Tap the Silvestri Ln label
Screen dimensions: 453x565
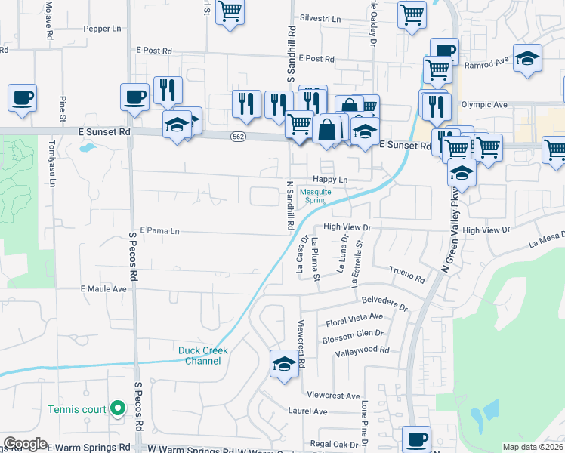320,18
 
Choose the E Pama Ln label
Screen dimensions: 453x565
160,230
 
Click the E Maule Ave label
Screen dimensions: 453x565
103,288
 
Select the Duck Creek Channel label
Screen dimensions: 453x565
203,356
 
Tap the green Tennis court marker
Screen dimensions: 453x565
117,409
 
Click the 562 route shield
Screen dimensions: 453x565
237,136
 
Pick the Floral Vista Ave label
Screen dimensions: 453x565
354,319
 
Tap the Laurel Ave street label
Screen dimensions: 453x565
307,411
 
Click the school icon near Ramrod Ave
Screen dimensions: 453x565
527,57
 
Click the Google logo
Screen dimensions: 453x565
25,444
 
